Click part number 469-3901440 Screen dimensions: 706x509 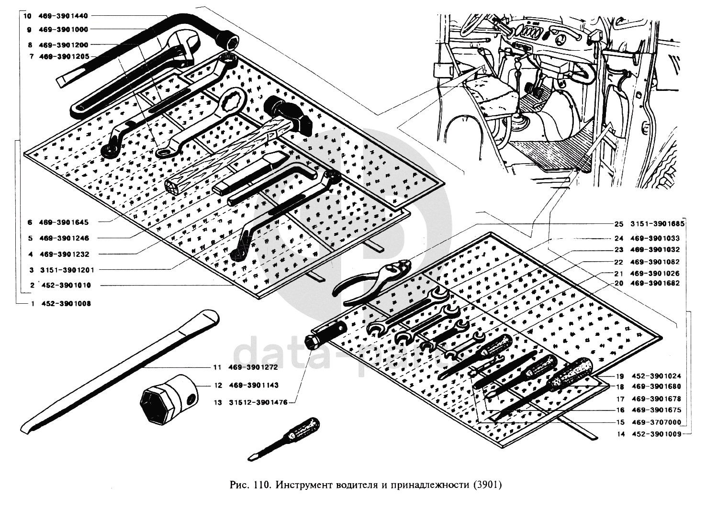[x=67, y=16]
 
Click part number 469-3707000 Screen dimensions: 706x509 [x=655, y=422]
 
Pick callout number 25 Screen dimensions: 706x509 [x=619, y=224]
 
